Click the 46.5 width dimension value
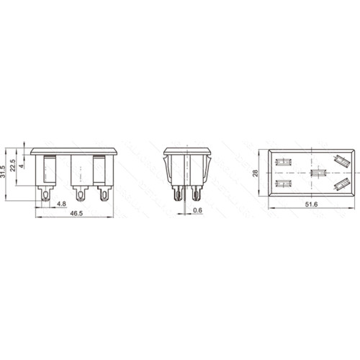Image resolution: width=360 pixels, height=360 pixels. (76, 213)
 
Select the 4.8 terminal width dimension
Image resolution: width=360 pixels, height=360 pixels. (61, 204)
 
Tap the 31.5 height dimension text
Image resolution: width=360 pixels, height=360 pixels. (3, 171)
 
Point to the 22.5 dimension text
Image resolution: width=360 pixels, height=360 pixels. (12, 166)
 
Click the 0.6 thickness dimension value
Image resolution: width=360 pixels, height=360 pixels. (197, 210)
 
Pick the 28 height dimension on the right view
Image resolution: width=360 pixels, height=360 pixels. (255, 173)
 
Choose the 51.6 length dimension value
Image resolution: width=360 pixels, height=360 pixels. (311, 204)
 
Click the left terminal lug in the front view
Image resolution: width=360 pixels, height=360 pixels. (45, 193)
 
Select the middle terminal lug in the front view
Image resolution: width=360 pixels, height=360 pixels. (81, 193)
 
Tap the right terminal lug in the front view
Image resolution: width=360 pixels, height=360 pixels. (104, 193)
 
